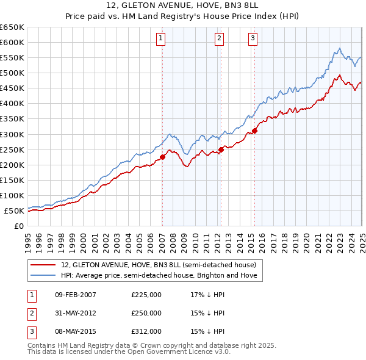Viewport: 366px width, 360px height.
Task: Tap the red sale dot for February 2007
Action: pos(163,157)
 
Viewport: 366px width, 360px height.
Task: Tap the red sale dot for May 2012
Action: pos(221,149)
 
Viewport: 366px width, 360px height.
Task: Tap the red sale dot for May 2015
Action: pos(254,130)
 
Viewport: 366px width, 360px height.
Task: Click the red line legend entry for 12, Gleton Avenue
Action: pos(162,265)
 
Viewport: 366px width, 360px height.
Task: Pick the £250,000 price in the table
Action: pos(146,314)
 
